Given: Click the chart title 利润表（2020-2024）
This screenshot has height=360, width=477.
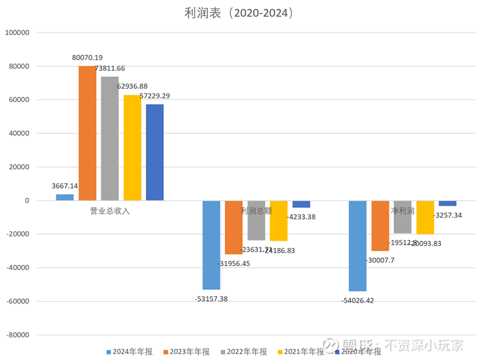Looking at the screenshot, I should click(x=238, y=13).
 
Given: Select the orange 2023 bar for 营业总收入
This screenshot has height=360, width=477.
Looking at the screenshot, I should click(x=87, y=133).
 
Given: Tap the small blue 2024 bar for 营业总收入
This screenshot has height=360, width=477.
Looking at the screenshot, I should click(x=64, y=197).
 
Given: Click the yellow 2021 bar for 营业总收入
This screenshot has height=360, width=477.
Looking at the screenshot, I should click(x=132, y=147).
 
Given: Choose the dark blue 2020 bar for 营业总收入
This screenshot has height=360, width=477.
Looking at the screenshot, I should click(x=155, y=152).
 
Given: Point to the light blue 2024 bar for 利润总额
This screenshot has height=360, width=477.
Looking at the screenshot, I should click(x=211, y=245).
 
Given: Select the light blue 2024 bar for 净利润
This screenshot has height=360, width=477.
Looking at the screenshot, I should click(x=358, y=245).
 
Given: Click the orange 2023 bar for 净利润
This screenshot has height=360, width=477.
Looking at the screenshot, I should click(x=380, y=225).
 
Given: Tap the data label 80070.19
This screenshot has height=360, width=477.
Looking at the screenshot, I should click(x=92, y=58).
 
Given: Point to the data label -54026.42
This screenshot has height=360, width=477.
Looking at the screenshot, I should click(x=359, y=301).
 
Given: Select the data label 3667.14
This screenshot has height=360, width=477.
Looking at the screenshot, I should click(x=65, y=186).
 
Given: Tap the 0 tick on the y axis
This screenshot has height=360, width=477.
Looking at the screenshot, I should click(x=27, y=200).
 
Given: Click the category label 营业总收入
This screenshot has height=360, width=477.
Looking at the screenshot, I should click(x=109, y=211).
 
